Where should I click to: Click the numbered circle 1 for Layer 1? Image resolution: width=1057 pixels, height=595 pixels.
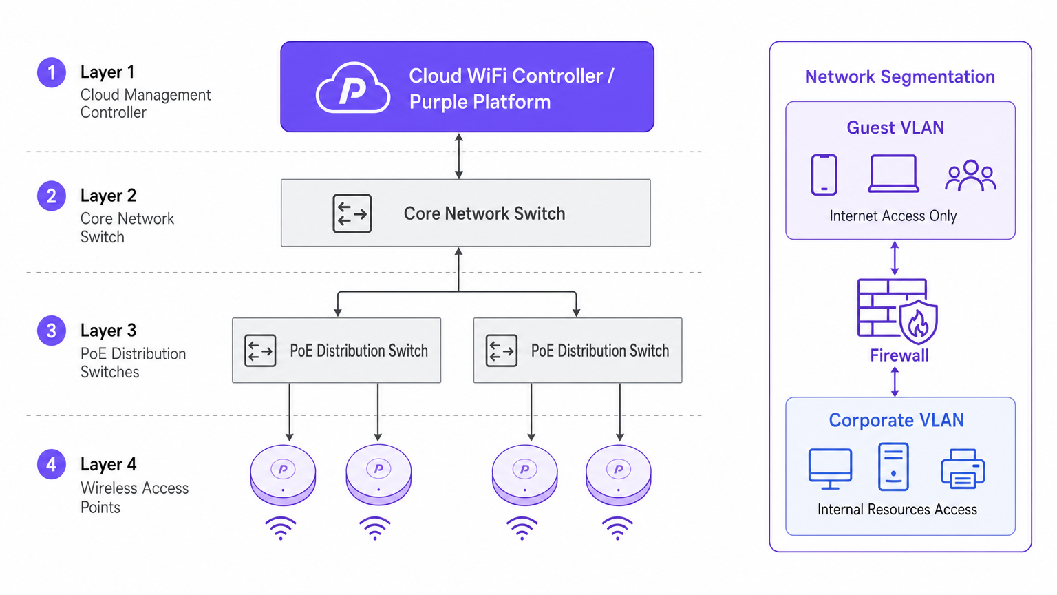click(52, 72)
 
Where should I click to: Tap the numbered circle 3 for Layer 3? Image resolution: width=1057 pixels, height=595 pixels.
click(52, 331)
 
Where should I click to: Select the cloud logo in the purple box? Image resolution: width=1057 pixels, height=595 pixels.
click(353, 88)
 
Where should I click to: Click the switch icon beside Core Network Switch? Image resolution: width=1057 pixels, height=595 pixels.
click(352, 213)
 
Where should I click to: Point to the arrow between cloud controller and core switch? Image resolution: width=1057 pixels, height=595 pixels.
click(459, 156)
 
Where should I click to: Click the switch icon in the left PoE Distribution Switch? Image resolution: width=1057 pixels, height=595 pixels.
click(260, 351)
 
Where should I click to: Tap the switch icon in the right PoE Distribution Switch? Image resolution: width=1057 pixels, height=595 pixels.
click(501, 351)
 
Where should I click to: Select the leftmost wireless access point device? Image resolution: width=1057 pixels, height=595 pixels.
click(283, 474)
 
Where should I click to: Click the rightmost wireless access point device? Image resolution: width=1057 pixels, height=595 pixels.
click(618, 474)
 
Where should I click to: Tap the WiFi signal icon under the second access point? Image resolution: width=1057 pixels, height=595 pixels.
click(375, 528)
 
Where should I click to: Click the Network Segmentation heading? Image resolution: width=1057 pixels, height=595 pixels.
click(899, 76)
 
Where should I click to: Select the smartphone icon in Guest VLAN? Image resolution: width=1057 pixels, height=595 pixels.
click(824, 175)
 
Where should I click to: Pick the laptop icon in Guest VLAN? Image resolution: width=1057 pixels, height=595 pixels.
click(893, 174)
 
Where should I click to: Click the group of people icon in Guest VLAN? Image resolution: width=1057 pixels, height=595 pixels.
click(970, 176)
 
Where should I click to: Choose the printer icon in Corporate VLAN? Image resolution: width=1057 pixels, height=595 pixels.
click(963, 469)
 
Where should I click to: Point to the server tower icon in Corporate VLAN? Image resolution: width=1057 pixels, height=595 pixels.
click(893, 467)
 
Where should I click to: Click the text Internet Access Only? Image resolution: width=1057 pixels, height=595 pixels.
click(893, 216)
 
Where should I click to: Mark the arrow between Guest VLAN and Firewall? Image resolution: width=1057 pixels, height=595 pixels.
click(895, 258)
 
